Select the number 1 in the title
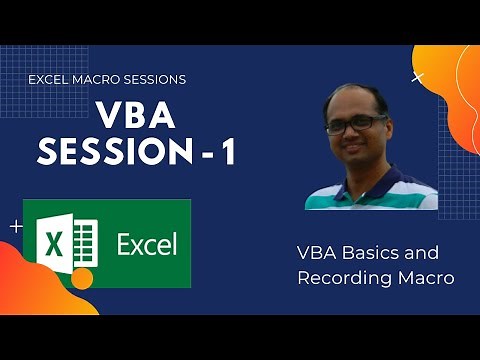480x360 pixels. (x=230, y=154)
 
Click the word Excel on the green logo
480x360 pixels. (x=146, y=243)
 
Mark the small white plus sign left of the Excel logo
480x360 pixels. (x=15, y=227)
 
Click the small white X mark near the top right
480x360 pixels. (x=417, y=77)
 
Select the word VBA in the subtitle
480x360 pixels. (x=319, y=253)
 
